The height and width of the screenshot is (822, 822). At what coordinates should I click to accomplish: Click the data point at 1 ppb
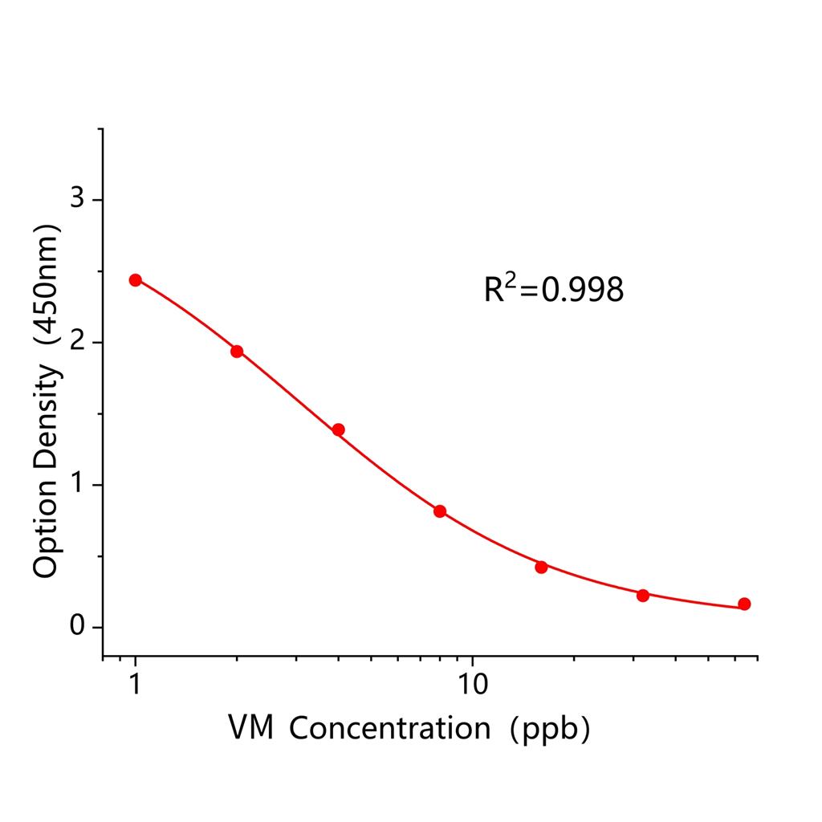click(136, 280)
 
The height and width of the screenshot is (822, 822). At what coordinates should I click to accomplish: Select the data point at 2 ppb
click(237, 352)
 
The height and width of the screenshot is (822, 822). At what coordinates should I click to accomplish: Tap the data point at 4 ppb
click(338, 429)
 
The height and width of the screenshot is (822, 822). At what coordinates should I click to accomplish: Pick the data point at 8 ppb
click(440, 511)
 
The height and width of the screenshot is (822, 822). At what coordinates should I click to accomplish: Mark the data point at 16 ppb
click(541, 567)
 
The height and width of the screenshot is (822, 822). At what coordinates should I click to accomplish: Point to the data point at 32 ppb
click(643, 595)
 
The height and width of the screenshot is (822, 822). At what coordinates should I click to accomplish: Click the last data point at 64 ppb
click(744, 604)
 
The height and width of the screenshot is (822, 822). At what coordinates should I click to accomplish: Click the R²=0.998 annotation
click(553, 290)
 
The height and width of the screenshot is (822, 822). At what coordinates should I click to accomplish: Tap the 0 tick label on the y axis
click(78, 626)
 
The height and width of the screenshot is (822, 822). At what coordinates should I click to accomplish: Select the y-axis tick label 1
click(78, 484)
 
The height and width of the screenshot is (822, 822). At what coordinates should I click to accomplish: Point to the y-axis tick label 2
click(78, 342)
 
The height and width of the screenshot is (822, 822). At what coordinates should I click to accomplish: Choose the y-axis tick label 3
click(78, 199)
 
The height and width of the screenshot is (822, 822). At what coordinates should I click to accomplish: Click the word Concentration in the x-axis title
click(389, 728)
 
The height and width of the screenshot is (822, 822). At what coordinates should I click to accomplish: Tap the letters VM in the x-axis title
click(250, 728)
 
